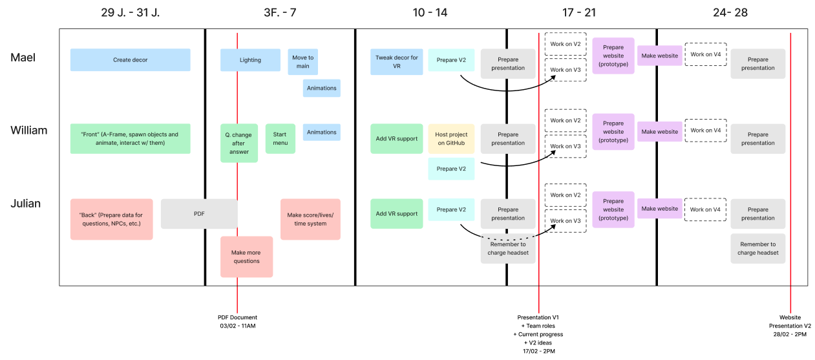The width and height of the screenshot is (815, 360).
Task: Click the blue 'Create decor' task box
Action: point(130,59)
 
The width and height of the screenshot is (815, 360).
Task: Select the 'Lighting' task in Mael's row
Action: point(250,59)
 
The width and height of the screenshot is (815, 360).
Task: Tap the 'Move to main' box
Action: point(302,61)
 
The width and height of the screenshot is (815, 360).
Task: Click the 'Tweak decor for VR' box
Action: point(396,61)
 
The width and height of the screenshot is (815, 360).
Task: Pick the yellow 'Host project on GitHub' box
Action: point(450,138)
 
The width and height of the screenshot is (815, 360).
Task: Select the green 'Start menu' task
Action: point(280,138)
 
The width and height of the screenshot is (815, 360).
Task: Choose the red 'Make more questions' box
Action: point(246,257)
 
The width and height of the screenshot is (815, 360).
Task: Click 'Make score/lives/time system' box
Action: point(310,219)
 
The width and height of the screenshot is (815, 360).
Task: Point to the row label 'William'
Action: point(28,131)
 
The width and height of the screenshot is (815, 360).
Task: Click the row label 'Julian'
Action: point(25,204)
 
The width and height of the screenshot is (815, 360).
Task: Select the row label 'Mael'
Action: point(23,58)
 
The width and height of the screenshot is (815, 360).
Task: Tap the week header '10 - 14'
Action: point(430,12)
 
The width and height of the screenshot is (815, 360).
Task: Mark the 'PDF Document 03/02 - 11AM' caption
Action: point(237,321)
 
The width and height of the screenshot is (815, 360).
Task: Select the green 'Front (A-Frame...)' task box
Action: point(130,138)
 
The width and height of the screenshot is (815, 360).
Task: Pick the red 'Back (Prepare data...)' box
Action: point(111,219)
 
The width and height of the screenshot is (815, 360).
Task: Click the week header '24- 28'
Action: point(731,12)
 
